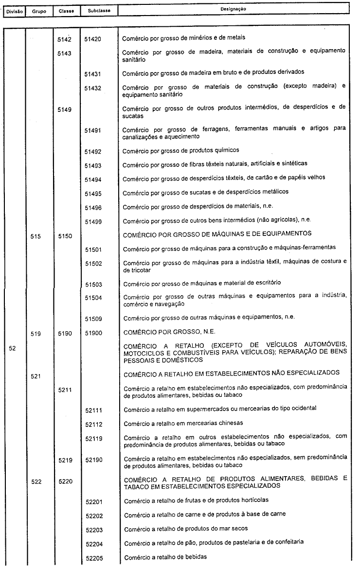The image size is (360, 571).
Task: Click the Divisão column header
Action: click(14, 10)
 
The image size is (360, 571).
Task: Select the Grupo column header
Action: click(39, 10)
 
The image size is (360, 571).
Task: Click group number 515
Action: click(35, 236)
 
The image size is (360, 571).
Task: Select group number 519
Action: click(35, 334)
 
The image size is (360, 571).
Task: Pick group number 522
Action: click(35, 482)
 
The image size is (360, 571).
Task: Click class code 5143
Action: click(64, 54)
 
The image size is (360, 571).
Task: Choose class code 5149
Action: click(64, 110)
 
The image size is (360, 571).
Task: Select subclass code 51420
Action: click(92, 39)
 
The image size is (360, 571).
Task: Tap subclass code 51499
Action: click(92, 222)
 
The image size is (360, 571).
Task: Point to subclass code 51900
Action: click(92, 334)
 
